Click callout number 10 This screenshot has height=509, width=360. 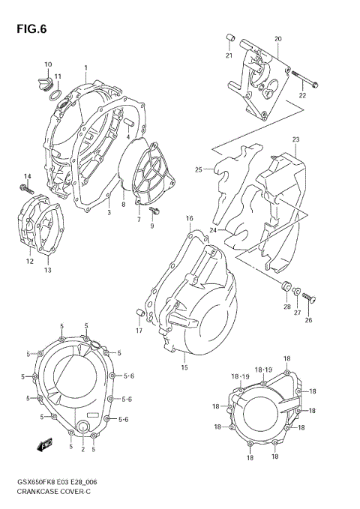48,64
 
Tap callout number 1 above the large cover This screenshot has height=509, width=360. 86,67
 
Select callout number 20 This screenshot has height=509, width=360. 277,38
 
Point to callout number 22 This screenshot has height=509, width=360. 302,96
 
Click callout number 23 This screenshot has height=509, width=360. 295,139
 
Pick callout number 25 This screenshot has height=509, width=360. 199,169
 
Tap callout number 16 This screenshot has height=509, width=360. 190,219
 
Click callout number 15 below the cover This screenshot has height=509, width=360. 184,367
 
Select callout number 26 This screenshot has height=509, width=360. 307,320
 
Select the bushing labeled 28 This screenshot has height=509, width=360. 286,286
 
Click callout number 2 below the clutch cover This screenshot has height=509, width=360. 82,448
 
